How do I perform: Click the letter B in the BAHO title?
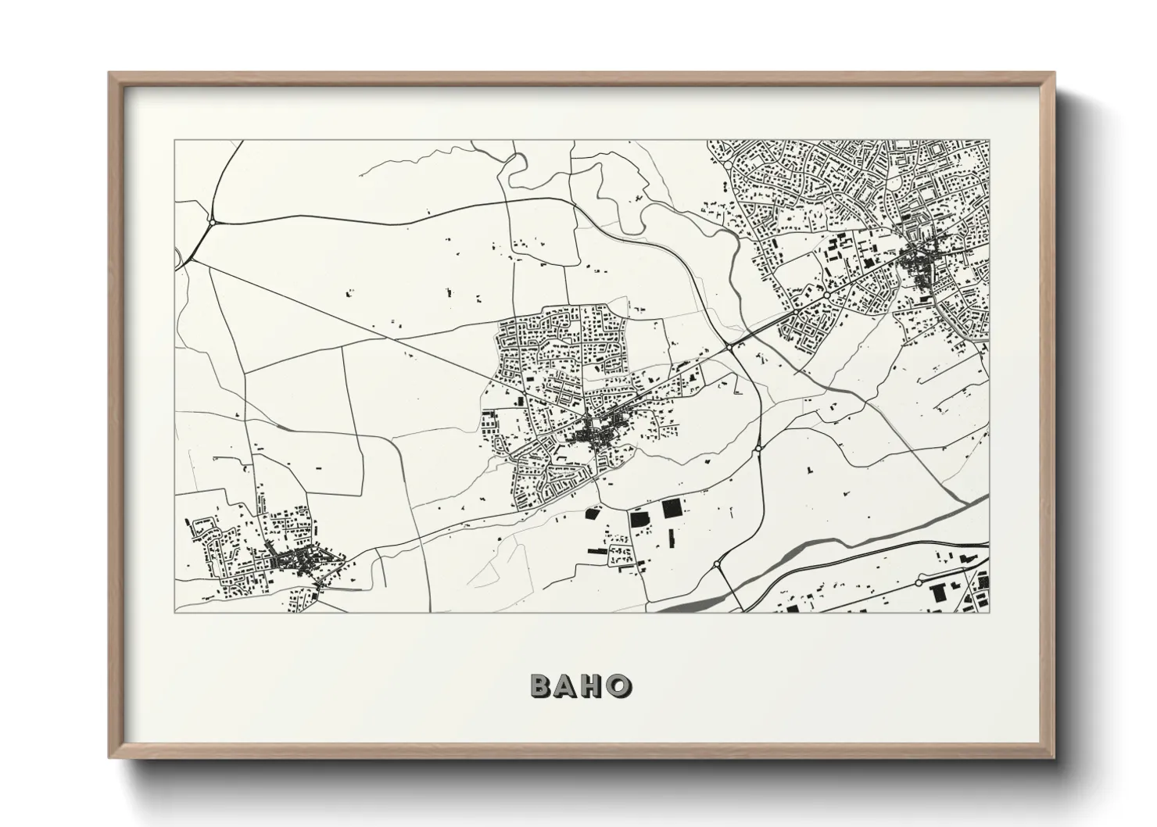(542, 686)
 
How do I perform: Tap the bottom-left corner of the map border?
(175, 612)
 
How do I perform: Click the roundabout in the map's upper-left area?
(212, 222)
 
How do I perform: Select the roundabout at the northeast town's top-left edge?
(726, 166)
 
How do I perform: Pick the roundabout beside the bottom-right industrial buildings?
(919, 583)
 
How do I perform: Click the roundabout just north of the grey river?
(716, 564)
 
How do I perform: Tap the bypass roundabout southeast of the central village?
(758, 449)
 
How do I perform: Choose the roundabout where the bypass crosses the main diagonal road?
(727, 345)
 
